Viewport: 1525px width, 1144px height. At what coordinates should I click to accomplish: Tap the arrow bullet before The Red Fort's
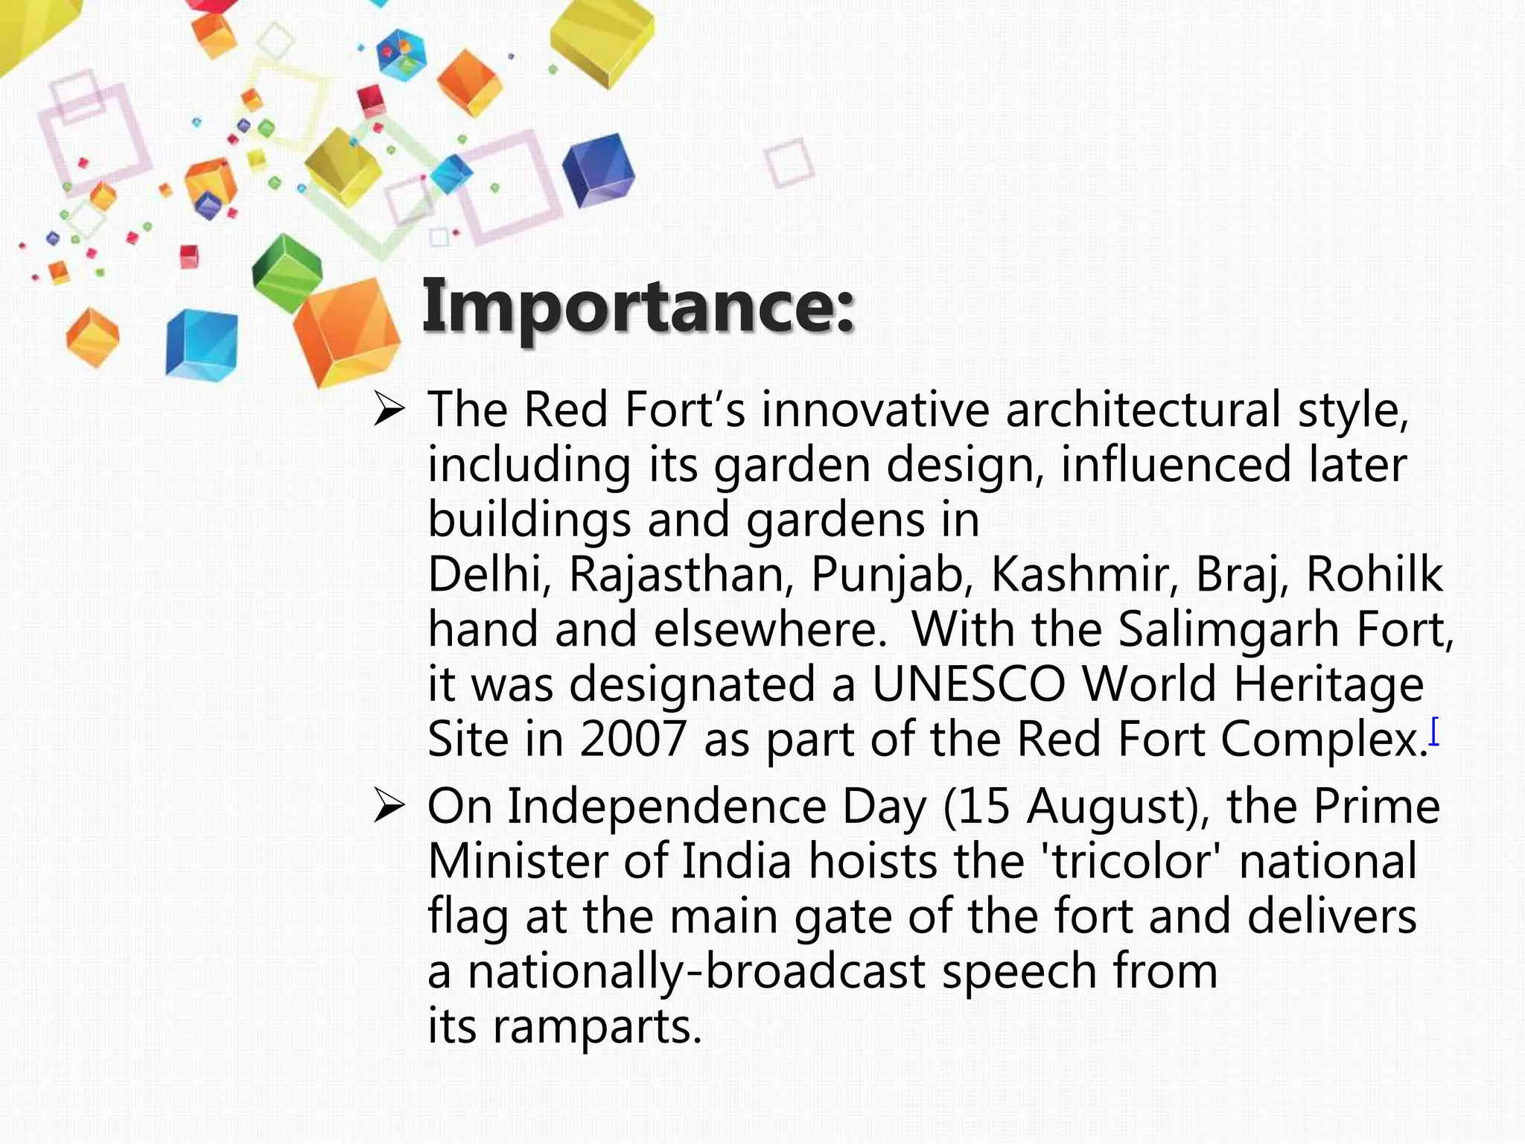point(389,410)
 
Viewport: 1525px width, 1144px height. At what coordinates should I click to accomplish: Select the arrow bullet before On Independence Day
point(389,807)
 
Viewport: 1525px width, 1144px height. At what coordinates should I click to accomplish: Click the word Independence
point(666,807)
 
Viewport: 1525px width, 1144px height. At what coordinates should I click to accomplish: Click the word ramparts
point(596,1027)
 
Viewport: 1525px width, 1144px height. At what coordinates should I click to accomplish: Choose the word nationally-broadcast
point(696,972)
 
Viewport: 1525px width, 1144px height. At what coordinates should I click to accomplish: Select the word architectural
point(1143,410)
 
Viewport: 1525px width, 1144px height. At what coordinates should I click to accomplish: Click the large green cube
point(287,272)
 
